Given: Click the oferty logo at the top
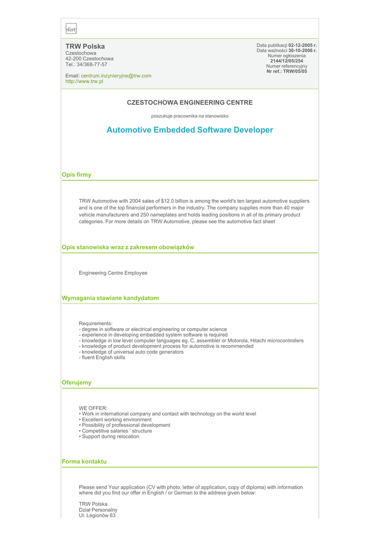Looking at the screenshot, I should pyautogui.click(x=71, y=29).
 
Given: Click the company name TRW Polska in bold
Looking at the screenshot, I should pyautogui.click(x=85, y=46).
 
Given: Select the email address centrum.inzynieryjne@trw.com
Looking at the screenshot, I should pyautogui.click(x=116, y=76).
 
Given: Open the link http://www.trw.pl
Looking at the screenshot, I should pyautogui.click(x=84, y=81).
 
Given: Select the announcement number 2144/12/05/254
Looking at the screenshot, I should pyautogui.click(x=287, y=61).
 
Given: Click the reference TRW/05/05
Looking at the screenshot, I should pyautogui.click(x=295, y=71).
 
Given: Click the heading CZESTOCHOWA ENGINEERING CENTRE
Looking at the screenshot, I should pyautogui.click(x=190, y=102).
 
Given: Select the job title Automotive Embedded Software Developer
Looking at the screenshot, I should pyautogui.click(x=190, y=130).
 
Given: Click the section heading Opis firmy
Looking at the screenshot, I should pyautogui.click(x=77, y=175).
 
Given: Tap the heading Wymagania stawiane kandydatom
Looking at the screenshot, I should pyautogui.click(x=110, y=298).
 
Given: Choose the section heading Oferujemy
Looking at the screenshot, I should pyautogui.click(x=77, y=382).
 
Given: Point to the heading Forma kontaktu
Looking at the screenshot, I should pyautogui.click(x=84, y=461).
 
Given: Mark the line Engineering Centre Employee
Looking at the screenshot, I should pyautogui.click(x=113, y=273).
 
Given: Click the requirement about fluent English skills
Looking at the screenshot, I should pyautogui.click(x=103, y=358).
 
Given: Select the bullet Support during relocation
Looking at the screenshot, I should pyautogui.click(x=111, y=436).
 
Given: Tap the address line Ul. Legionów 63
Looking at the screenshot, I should pyautogui.click(x=97, y=515).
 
